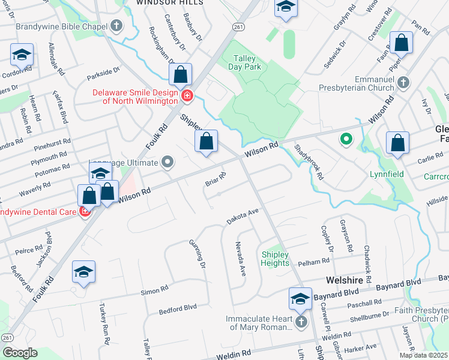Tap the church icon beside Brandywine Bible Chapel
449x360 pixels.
coord(116,26)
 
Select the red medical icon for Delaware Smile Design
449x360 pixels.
coord(187,95)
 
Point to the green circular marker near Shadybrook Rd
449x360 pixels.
coord(346,140)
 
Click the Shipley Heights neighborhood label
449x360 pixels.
coord(275,259)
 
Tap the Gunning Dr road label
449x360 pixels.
coord(200,256)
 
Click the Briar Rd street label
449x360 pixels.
coord(215,179)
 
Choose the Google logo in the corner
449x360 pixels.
coord(20,352)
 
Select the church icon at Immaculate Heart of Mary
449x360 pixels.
coord(300,323)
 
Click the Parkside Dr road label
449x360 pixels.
coord(103,74)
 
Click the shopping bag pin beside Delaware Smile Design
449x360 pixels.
coord(180,76)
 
